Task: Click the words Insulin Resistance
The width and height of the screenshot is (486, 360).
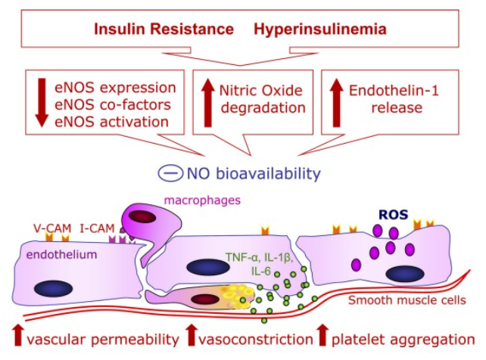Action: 164,29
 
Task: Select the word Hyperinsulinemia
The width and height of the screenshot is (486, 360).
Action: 320,29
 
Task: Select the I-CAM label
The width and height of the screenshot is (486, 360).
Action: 97,226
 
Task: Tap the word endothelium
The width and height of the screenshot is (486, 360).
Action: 61,255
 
